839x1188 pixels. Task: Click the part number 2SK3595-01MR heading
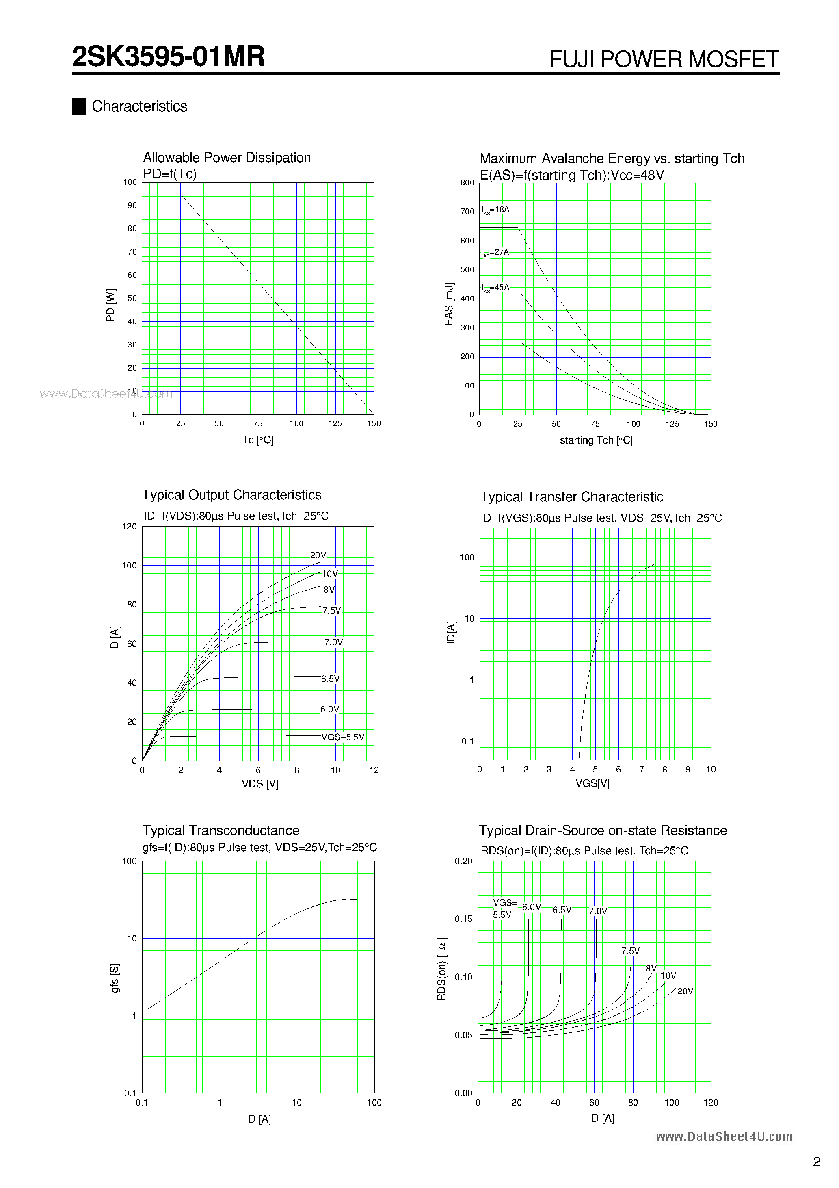coord(168,56)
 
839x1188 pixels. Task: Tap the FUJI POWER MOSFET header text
coord(663,59)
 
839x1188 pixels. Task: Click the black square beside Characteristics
coord(79,106)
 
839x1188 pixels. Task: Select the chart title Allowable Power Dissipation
coord(227,158)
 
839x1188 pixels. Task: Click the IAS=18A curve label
coord(495,210)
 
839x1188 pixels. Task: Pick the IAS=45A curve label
coord(495,288)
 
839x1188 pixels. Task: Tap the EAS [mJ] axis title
coord(448,304)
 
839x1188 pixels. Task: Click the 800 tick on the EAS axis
coord(467,183)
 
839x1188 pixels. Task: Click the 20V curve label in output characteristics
coord(318,555)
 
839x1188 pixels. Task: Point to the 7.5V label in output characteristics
coord(331,611)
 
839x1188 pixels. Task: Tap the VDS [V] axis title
coord(259,784)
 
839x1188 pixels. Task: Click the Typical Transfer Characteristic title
coord(571,497)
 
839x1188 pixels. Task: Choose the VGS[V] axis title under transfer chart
coord(592,783)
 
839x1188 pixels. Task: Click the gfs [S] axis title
coord(115,978)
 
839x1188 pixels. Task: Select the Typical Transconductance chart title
coord(221,830)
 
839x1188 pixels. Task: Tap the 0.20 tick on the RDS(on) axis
coord(463,861)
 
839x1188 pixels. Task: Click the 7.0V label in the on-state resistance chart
coord(597,911)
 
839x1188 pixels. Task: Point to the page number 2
coord(816,1162)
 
